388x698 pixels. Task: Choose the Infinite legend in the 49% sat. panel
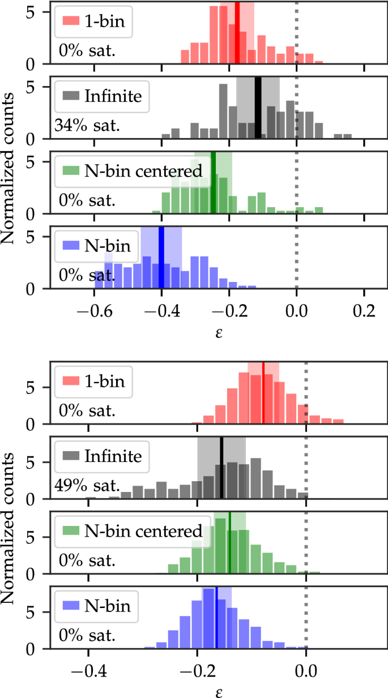pos(102,456)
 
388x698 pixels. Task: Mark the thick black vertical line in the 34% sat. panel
pos(258,108)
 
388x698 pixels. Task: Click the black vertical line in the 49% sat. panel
pos(221,468)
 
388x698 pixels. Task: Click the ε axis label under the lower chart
pos(218,691)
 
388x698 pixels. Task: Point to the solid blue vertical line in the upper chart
pos(161,258)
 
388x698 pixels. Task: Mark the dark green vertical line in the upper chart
pos(213,182)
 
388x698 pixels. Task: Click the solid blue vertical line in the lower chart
pos(216,618)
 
